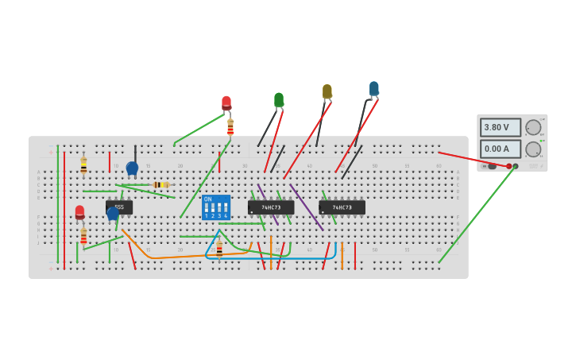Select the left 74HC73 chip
pyautogui.click(x=271, y=207)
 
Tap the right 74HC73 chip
pyautogui.click(x=342, y=207)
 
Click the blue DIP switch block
pyautogui.click(x=215, y=207)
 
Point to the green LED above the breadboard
pyautogui.click(x=279, y=100)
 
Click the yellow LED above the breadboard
pyautogui.click(x=327, y=92)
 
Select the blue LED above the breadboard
pyautogui.click(x=374, y=89)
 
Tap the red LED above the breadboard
pyautogui.click(x=226, y=103)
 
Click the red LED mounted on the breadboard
pyautogui.click(x=79, y=212)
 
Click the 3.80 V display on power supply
pyautogui.click(x=500, y=127)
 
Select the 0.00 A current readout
pyautogui.click(x=500, y=149)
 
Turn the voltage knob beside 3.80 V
pyautogui.click(x=533, y=127)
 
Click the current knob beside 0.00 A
pyautogui.click(x=533, y=149)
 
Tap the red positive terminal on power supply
pyautogui.click(x=509, y=166)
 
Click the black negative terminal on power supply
pyautogui.click(x=516, y=166)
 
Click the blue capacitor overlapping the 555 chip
pyautogui.click(x=113, y=213)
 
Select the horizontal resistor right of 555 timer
pyautogui.click(x=160, y=184)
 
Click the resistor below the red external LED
pyautogui.click(x=230, y=127)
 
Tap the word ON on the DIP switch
pyautogui.click(x=208, y=199)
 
